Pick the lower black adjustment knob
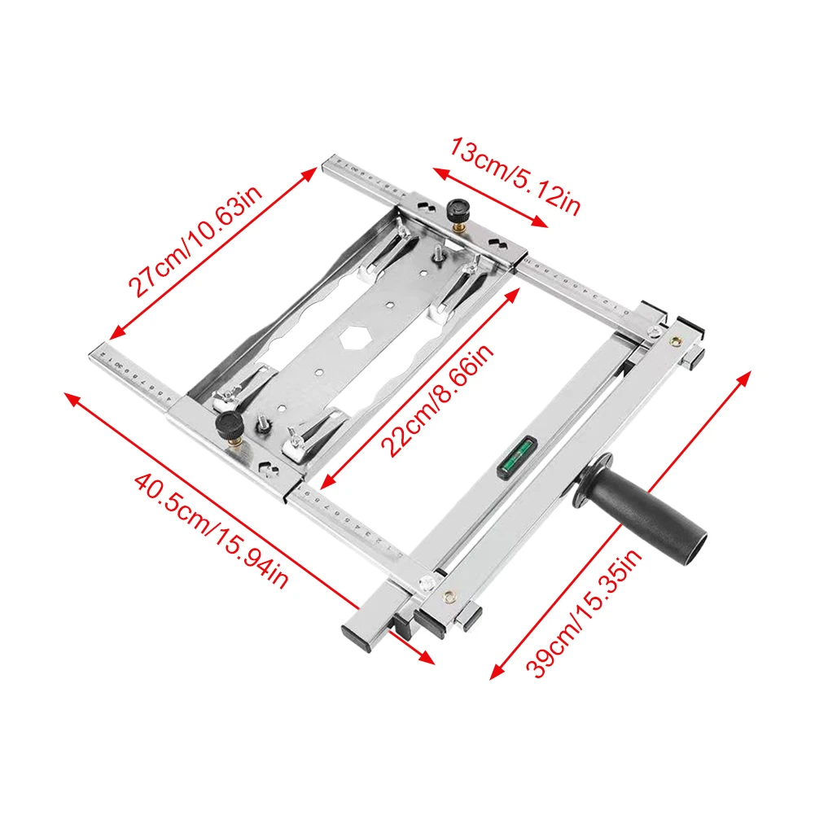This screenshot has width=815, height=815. coord(230,425)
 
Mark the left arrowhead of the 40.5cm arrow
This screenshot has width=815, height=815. coord(70,397)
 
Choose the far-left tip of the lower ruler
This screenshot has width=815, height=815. coord(91,353)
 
